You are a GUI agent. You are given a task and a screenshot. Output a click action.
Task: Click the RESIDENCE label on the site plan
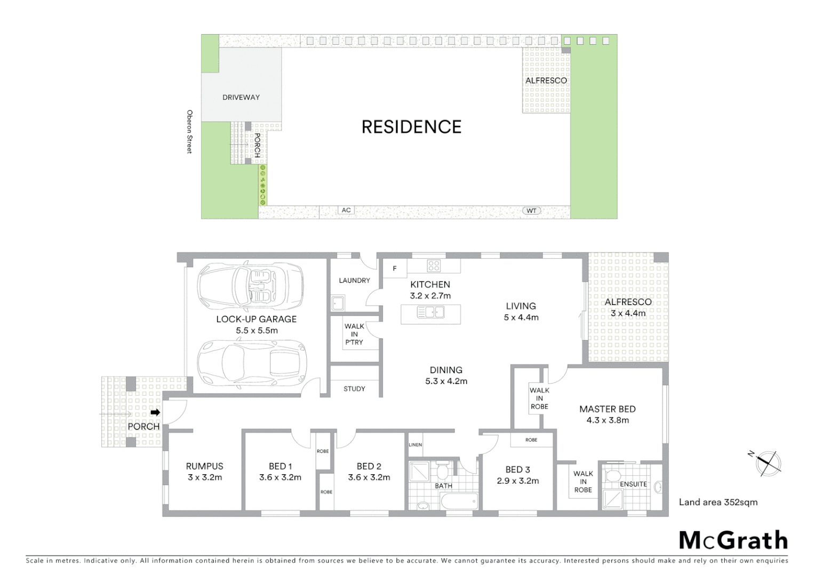click(x=411, y=127)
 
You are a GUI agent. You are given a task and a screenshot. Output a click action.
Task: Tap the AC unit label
click(x=346, y=210)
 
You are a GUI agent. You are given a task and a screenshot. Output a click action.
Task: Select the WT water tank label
click(x=531, y=211)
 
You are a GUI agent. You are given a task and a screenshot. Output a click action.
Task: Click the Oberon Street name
click(x=189, y=132)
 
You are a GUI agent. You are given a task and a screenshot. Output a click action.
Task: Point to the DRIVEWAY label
click(x=241, y=97)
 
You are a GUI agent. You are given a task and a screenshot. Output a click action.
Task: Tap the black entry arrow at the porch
click(x=155, y=412)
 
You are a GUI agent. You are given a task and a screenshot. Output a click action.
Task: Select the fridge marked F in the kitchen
click(x=395, y=268)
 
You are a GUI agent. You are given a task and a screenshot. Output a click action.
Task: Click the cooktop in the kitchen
click(x=433, y=265)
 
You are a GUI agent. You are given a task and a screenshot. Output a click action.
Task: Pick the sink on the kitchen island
click(x=431, y=313)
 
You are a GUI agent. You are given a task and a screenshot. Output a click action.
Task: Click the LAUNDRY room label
click(x=354, y=281)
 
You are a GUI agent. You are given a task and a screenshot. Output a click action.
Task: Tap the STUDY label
click(x=354, y=389)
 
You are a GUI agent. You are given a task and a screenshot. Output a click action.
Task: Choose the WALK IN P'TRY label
click(x=354, y=334)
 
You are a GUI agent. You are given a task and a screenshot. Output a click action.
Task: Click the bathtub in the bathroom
click(x=459, y=501)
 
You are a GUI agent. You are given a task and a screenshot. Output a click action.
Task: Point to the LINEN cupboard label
click(x=416, y=445)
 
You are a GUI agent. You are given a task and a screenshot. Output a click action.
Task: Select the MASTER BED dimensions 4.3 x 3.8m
click(x=608, y=420)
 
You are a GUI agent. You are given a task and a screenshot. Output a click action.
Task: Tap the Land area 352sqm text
click(x=718, y=502)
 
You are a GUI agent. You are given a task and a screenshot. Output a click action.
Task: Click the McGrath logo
click(x=733, y=540)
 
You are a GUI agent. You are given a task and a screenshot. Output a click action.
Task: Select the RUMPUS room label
click(x=205, y=466)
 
